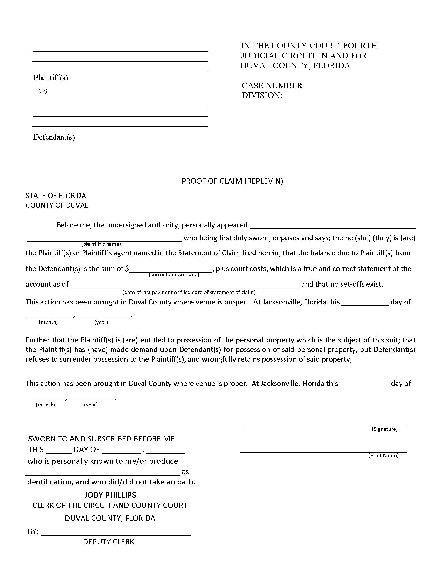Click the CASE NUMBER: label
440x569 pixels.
(273, 85)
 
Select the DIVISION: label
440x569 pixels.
(262, 95)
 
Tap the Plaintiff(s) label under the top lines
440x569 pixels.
(50, 78)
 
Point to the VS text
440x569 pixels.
(43, 91)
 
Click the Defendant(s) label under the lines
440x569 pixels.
(54, 137)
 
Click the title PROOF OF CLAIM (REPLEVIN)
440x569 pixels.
(232, 181)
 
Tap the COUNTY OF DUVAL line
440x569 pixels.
(57, 205)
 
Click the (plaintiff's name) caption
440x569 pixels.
(101, 244)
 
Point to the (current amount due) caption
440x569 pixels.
(174, 275)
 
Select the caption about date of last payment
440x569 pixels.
(189, 292)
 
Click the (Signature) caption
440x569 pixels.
(384, 429)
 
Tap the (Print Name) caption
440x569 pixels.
(383, 455)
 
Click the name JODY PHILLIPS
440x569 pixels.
(110, 495)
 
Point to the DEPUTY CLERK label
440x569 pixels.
(108, 542)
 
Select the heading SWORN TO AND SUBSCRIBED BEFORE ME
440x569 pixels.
(101, 439)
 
